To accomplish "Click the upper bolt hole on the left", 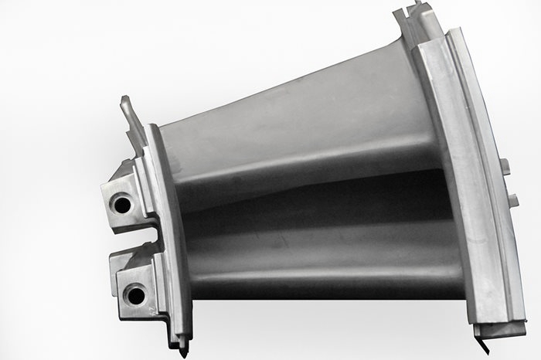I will click(121, 205).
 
